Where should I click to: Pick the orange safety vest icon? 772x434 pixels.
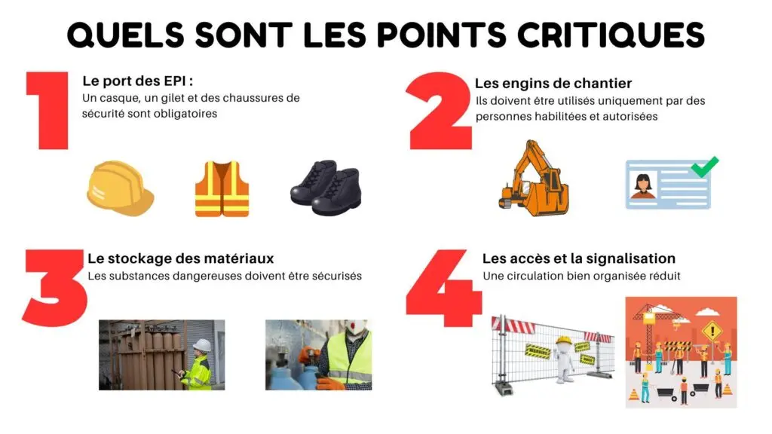[x=222, y=188]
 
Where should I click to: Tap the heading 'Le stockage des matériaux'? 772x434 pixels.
[x=180, y=258]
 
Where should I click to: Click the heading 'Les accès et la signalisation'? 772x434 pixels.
[x=578, y=258]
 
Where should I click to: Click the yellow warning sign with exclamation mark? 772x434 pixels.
[x=711, y=330]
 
